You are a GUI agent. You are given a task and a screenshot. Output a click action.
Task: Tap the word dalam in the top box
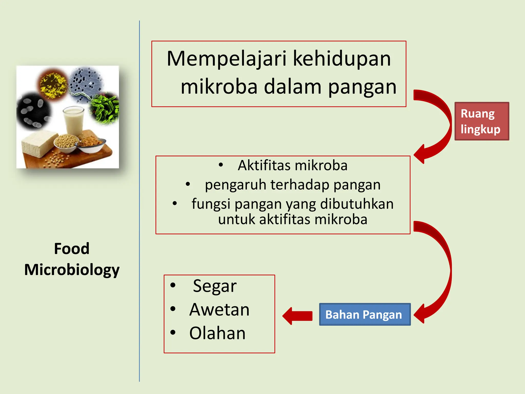coord(292,87)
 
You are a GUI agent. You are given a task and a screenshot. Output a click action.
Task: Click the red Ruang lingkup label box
coord(482,121)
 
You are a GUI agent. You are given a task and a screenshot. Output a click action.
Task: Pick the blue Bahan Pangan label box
coord(365,314)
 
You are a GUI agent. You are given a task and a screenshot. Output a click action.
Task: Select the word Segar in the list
coord(215,286)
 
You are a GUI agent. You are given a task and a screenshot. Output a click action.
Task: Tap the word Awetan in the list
coord(219,309)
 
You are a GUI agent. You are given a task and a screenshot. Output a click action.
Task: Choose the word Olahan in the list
coord(217,333)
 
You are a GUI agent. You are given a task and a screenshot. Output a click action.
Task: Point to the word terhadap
coord(300,185)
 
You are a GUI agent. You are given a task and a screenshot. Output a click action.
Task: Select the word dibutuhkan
coord(357,204)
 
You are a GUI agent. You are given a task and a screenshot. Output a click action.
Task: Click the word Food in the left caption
coord(72,249)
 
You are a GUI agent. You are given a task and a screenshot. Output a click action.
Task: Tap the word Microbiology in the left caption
coord(72,270)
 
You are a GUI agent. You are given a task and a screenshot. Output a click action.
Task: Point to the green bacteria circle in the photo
coord(105,108)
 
